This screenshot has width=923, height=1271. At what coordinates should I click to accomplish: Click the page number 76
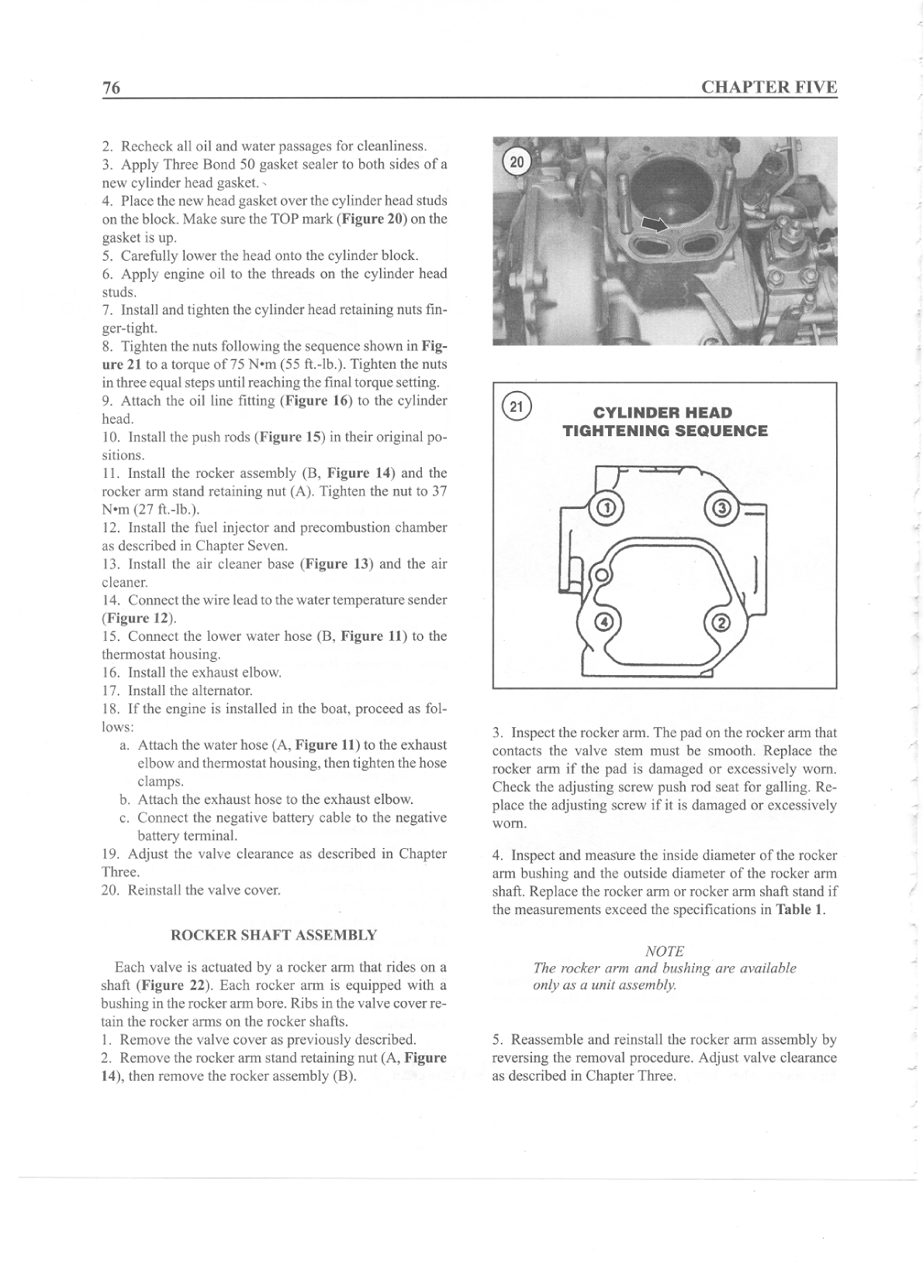tap(112, 88)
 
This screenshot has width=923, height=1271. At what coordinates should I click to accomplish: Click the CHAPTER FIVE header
tap(769, 87)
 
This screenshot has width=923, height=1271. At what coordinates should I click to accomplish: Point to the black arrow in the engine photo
tap(654, 224)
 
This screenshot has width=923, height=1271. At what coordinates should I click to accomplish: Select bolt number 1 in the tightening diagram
tap(607, 509)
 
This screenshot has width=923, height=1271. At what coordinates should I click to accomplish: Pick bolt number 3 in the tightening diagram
tap(721, 509)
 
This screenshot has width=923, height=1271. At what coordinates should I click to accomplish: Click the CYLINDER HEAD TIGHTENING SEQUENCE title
tap(665, 421)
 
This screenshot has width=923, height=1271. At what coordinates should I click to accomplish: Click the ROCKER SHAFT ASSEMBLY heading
tap(274, 935)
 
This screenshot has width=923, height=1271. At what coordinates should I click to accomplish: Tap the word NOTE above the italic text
tap(664, 951)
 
